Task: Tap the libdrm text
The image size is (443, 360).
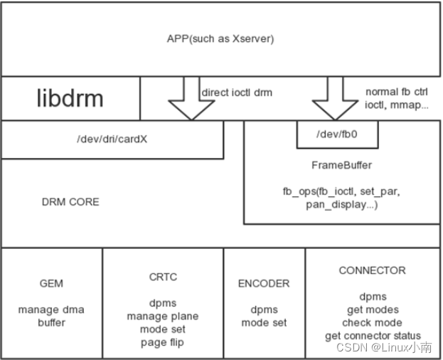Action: (70, 98)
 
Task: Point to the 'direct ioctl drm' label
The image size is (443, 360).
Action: (237, 92)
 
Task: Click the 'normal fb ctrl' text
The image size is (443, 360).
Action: (397, 92)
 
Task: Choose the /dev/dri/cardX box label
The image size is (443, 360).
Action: (112, 139)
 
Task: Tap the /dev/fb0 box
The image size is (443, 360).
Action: (337, 134)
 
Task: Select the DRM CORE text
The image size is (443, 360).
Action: (70, 202)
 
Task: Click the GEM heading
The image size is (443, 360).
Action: (51, 283)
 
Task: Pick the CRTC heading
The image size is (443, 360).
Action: (163, 277)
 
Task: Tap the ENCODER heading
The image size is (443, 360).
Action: (264, 283)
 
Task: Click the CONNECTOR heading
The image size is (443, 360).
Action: (372, 270)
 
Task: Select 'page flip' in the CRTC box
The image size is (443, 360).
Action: (163, 342)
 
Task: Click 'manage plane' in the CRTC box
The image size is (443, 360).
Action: (163, 316)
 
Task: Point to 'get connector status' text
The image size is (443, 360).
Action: (373, 335)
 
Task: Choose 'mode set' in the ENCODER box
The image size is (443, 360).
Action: (264, 322)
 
